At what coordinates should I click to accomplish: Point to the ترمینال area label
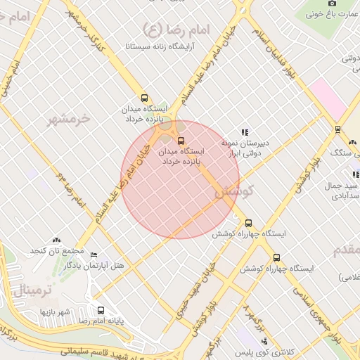pos(29,288)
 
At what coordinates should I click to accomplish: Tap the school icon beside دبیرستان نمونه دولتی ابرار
pos(245,131)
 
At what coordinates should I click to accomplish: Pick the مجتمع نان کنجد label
pos(57,251)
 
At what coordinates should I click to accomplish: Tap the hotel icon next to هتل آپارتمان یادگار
pos(94,255)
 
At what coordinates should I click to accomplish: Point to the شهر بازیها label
pos(56,311)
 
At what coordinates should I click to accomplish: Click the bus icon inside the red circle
pos(181,141)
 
